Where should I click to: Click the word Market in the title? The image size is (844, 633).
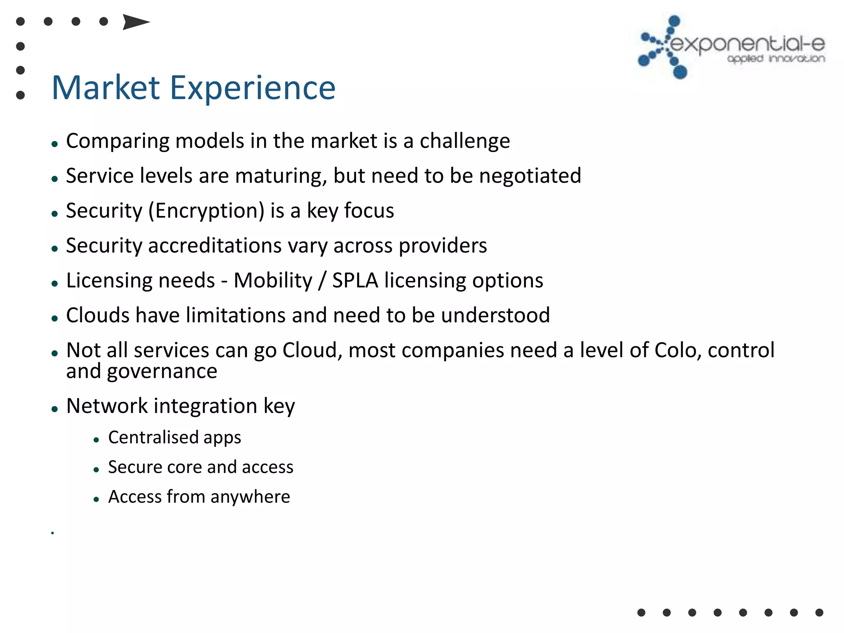pyautogui.click(x=105, y=88)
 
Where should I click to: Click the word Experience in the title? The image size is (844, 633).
pyautogui.click(x=253, y=88)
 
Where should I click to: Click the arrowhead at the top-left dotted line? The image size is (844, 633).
pyautogui.click(x=136, y=22)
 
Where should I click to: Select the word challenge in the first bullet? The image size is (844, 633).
pyautogui.click(x=464, y=141)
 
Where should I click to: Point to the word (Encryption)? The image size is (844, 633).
pyautogui.click(x=206, y=211)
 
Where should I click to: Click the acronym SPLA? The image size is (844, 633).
pyautogui.click(x=355, y=281)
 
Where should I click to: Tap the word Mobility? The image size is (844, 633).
pyautogui.click(x=273, y=281)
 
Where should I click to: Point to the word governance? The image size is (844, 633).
pyautogui.click(x=162, y=372)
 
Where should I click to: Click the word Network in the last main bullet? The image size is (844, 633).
pyautogui.click(x=107, y=406)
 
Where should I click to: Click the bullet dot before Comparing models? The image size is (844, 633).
pyautogui.click(x=54, y=144)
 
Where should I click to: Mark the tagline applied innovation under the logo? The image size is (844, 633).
pyautogui.click(x=776, y=59)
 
